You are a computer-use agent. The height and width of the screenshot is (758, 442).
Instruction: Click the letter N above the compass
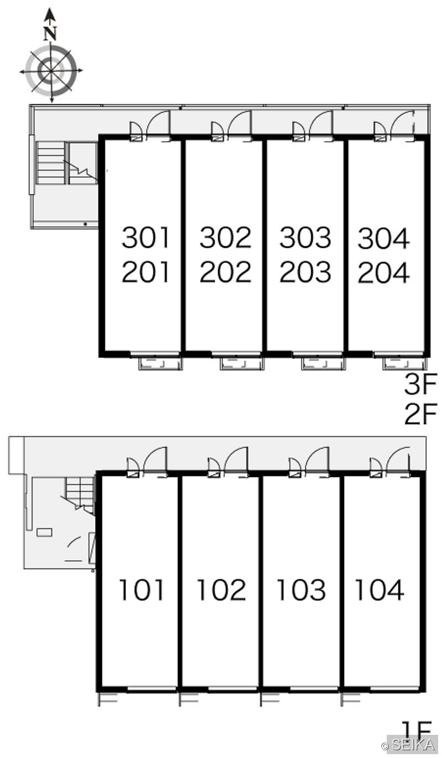50,34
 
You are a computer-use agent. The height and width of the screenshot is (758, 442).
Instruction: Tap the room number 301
146,237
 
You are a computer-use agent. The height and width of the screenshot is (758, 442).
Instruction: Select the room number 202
225,272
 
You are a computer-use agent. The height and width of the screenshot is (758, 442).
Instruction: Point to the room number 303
305,237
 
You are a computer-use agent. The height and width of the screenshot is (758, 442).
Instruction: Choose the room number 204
384,273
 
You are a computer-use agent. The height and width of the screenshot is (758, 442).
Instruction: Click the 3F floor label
420,383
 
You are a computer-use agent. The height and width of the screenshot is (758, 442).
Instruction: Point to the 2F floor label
420,414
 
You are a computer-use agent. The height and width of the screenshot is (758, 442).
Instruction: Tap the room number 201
146,272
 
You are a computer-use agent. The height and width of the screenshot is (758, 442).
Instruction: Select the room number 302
225,237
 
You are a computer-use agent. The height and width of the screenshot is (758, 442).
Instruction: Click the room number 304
384,238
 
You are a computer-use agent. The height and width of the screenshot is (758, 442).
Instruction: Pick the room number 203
305,272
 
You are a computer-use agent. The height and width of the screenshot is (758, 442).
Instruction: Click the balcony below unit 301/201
161,363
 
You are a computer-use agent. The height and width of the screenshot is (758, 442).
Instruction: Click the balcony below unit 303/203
323,363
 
